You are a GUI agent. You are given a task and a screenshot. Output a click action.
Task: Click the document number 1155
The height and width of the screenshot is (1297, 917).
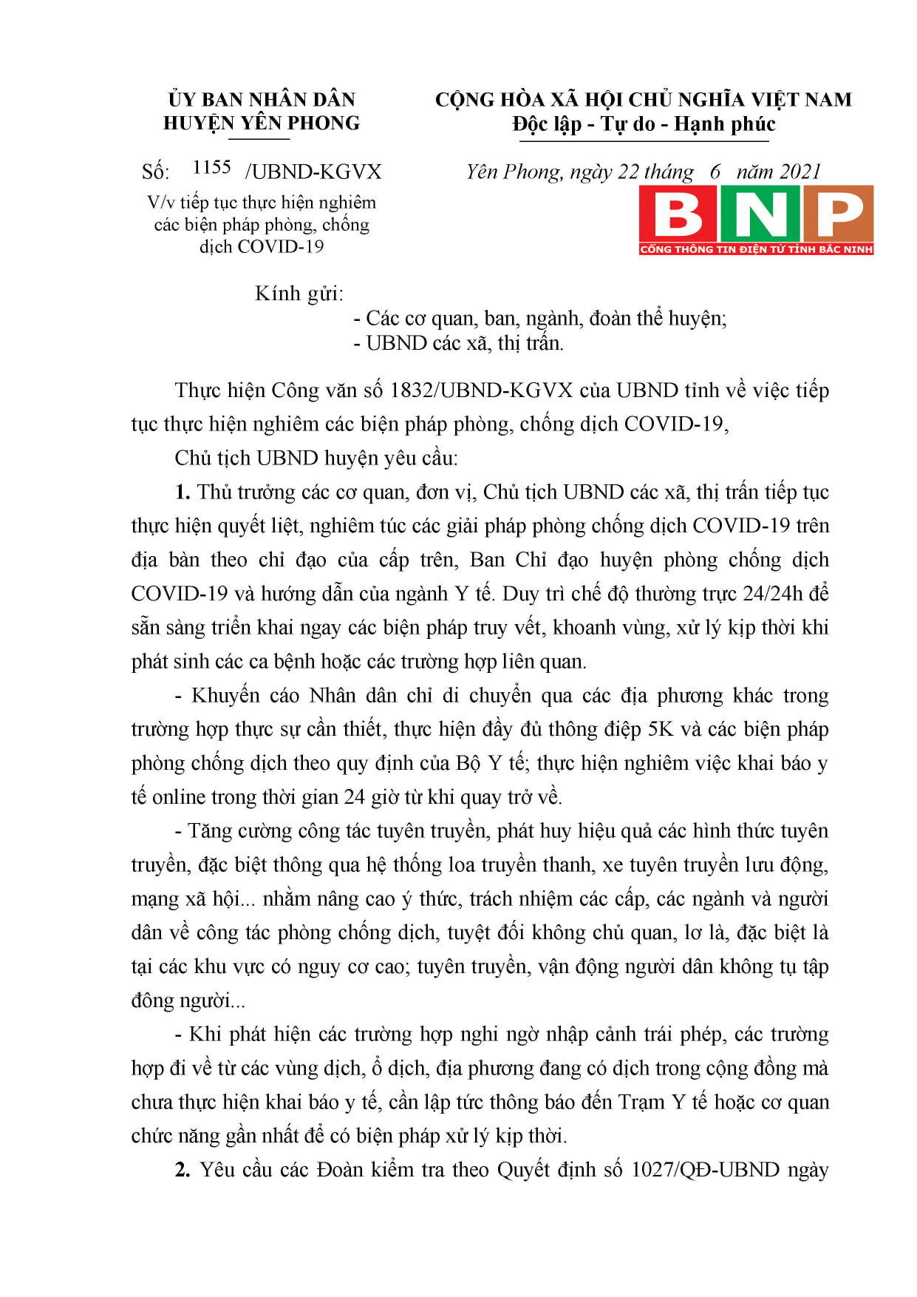pyautogui.click(x=211, y=168)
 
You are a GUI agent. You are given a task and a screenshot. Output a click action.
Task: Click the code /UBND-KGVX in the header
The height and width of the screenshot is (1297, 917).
pyautogui.click(x=313, y=172)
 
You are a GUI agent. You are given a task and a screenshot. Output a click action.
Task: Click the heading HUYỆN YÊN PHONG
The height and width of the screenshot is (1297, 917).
pyautogui.click(x=262, y=123)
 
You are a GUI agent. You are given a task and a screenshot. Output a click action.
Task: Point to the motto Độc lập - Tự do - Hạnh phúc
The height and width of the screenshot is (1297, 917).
pyautogui.click(x=644, y=124)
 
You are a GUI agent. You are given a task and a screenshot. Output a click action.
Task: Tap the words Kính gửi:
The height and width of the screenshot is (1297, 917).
pyautogui.click(x=299, y=294)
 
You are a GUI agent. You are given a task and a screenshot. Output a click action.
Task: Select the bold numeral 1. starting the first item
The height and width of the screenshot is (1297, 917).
pyautogui.click(x=183, y=492)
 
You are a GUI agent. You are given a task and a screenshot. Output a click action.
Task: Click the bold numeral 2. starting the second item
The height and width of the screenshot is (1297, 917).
pyautogui.click(x=183, y=1170)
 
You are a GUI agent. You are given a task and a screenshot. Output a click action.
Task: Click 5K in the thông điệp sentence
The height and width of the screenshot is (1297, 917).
pyautogui.click(x=660, y=730)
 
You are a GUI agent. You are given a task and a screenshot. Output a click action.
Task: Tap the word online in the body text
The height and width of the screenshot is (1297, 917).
pyautogui.click(x=178, y=797)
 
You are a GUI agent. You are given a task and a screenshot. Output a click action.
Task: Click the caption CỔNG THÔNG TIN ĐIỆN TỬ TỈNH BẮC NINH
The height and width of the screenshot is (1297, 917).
pyautogui.click(x=756, y=249)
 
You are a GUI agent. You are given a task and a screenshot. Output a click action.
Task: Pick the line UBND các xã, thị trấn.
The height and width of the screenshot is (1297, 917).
pyautogui.click(x=464, y=343)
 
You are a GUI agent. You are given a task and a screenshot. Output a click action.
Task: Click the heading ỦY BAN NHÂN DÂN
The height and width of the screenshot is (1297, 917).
pyautogui.click(x=262, y=100)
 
